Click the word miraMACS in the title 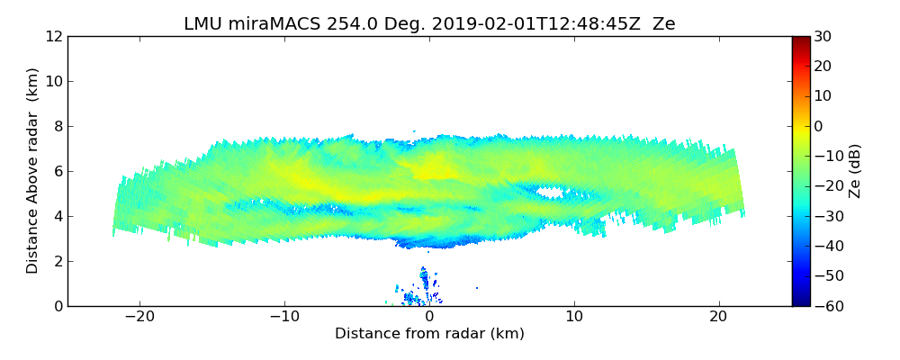point(265,24)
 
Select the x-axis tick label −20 point(139,318)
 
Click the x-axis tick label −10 point(284,318)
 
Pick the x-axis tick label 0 point(429,318)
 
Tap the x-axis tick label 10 point(574,318)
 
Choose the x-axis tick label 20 point(718,318)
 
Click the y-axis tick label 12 point(52,36)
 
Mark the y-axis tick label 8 point(57,126)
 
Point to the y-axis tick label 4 point(57,216)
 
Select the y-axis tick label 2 point(57,261)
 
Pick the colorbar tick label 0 point(820,126)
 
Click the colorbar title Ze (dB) point(856,171)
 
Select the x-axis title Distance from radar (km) point(429,334)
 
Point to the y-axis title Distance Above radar point(33,171)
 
